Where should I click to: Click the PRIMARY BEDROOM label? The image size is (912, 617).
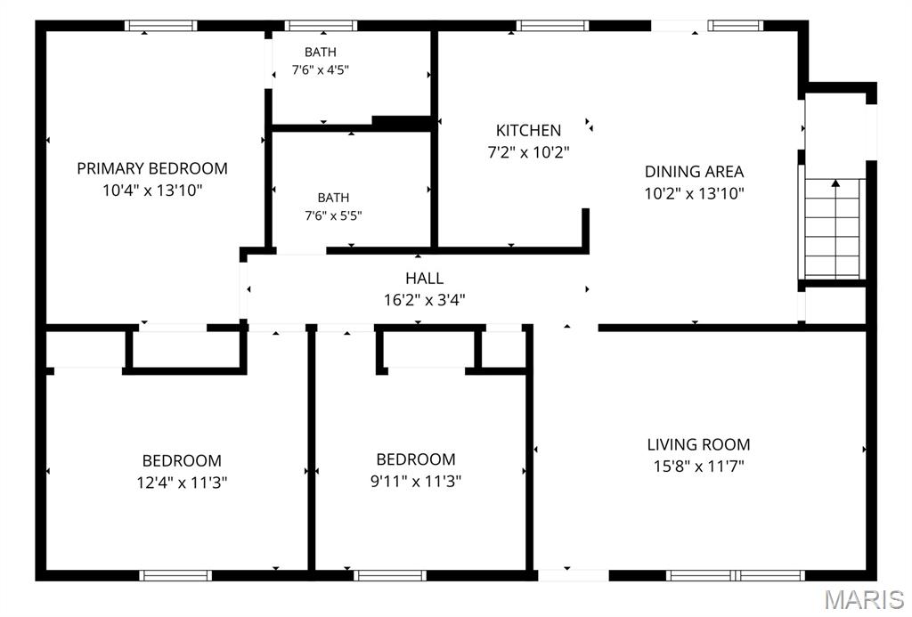152,168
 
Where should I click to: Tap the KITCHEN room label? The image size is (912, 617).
528,130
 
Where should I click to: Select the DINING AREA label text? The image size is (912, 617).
694,172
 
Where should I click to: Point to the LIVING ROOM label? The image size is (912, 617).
698,444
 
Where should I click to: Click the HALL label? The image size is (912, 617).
425,278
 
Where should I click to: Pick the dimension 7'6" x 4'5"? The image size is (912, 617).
321,69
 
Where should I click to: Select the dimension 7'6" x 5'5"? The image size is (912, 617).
333,215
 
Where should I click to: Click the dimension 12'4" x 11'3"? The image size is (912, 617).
182,483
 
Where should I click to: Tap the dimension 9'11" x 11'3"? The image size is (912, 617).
416,481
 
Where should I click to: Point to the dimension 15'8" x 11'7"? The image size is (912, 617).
698,467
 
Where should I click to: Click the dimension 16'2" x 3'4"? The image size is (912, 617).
425,300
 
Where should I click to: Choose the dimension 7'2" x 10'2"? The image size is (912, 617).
528,152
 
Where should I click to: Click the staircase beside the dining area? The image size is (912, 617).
833,229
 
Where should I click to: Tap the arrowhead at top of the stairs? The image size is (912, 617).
835,183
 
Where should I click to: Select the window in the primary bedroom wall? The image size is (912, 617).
161,26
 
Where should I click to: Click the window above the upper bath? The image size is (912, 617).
321,26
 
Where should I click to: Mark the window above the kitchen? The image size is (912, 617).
552,26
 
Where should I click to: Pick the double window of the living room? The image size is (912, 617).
735,576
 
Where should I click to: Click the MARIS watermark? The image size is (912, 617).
864,599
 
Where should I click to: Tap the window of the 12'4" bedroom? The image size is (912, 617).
175,576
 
